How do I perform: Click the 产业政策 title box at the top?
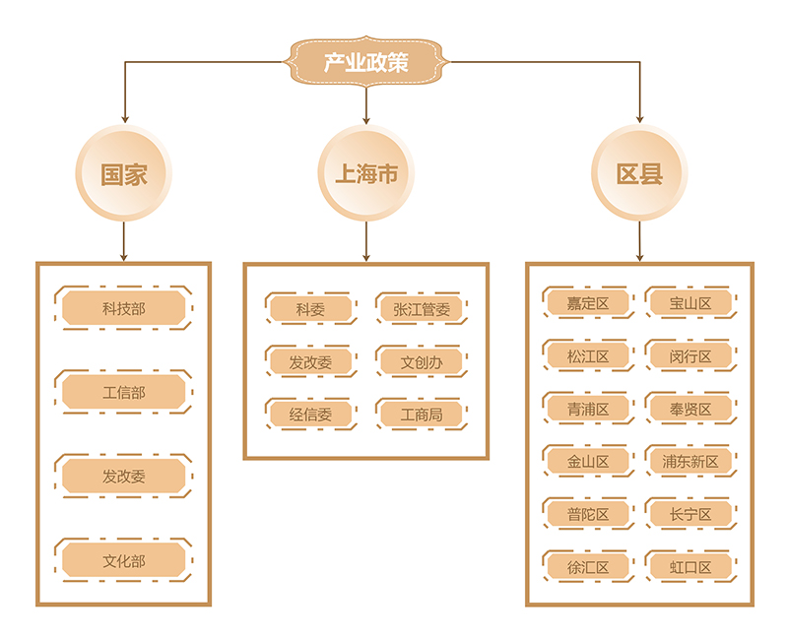pos(366,64)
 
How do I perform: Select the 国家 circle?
pos(124,174)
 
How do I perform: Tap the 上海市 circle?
pos(366,174)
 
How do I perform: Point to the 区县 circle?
pos(639,174)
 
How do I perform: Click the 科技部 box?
pos(124,309)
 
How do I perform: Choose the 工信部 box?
pos(124,393)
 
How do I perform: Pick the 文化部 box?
pos(124,561)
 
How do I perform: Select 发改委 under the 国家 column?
pos(124,477)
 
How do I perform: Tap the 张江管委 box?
pos(421,309)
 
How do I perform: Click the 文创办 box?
pos(421,362)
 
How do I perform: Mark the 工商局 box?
pos(421,415)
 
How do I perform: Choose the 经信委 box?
pos(310,415)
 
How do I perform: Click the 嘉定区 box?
pos(588,303)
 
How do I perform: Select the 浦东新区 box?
pos(690,461)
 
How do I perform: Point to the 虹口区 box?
pos(690,566)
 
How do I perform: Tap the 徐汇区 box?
pos(588,566)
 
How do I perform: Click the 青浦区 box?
pos(588,409)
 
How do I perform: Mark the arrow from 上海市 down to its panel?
pos(366,241)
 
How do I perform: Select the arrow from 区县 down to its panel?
pos(639,241)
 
